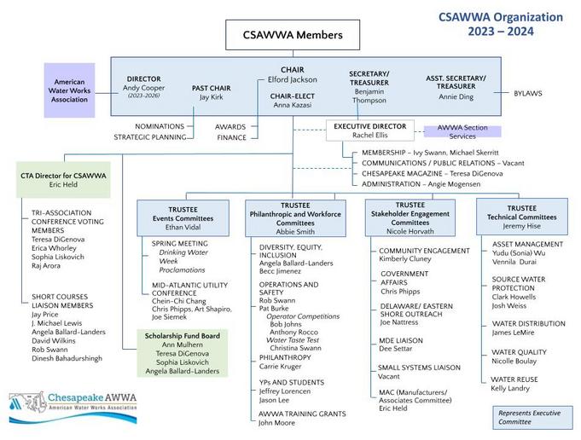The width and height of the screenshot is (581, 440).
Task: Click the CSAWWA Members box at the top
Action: point(292,35)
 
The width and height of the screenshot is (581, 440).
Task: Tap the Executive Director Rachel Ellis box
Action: point(369,131)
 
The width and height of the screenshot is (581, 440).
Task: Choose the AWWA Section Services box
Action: point(462,131)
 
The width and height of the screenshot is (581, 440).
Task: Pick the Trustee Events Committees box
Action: point(183,217)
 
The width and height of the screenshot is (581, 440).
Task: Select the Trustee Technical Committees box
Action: point(521,218)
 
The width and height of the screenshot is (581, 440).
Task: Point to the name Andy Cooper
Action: point(143,88)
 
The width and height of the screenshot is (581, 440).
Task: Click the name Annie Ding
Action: point(456,96)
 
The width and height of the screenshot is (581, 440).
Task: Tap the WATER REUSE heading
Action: point(514,379)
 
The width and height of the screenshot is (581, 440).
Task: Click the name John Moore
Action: point(277,422)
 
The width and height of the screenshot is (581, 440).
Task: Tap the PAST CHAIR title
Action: point(211,88)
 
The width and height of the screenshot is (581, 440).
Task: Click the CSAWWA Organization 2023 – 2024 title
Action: point(501,24)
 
